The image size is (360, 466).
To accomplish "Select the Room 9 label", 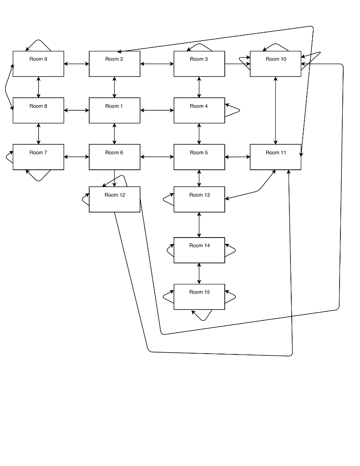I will (38, 59).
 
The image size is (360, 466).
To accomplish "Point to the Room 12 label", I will (115, 195).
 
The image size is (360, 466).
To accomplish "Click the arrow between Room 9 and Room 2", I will (76, 64).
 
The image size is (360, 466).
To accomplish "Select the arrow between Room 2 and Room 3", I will (157, 64).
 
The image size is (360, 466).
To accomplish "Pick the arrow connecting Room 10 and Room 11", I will (275, 111).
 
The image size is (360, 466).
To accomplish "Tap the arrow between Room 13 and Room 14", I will (199, 225).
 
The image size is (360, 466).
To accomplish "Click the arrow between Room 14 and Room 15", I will (199, 274).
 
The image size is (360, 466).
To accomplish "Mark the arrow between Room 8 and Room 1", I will (76, 110).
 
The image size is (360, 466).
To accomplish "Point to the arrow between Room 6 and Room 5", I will (157, 157).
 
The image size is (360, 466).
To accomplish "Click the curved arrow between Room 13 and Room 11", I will (257, 191).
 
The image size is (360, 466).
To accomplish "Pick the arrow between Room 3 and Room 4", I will (199, 87).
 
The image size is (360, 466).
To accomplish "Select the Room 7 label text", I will (38, 152).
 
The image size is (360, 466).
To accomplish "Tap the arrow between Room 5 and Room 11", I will (238, 157).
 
